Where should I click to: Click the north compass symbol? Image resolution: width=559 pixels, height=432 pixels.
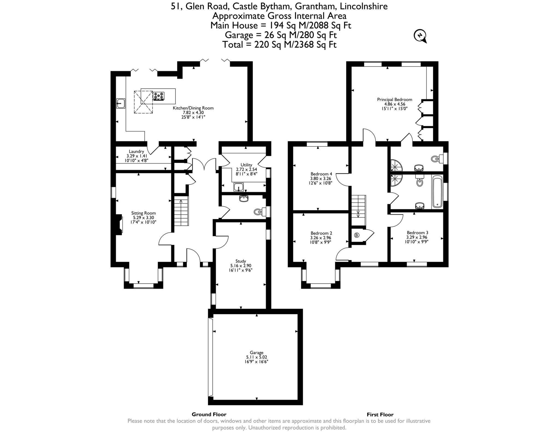[420, 36]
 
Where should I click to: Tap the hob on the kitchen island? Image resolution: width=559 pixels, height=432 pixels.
[159, 96]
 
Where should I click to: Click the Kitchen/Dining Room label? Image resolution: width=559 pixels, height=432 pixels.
[193, 108]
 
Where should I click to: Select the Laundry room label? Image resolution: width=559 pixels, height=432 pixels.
[136, 151]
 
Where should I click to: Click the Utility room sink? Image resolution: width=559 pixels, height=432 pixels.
[239, 187]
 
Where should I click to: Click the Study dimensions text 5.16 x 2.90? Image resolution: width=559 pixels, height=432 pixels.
[240, 266]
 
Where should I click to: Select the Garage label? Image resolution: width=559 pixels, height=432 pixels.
[256, 353]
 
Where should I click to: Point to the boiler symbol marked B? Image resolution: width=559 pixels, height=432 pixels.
[357, 235]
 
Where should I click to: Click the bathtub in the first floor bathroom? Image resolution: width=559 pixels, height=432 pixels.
[437, 192]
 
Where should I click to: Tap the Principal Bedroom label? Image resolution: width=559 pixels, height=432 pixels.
[394, 100]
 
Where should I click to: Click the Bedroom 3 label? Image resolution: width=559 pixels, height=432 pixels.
[417, 233]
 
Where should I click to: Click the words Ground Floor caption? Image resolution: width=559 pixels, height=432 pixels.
[209, 414]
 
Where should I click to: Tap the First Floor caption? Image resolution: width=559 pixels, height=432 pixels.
[380, 414]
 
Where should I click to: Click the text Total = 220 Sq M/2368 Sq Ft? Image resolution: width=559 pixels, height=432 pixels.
[279, 44]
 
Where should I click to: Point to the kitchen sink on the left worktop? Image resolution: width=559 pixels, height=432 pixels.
[121, 103]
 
